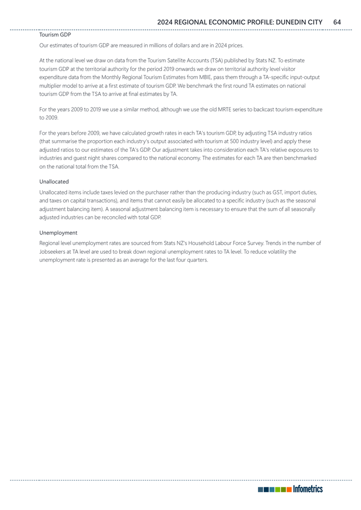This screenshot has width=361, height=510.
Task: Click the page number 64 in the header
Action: pos(337,22)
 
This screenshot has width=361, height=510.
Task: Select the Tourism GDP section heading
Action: pos(55,35)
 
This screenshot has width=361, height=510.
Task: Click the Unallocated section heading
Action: pos(54,182)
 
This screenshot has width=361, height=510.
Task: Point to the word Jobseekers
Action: pos(53,252)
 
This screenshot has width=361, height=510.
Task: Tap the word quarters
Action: pos(197,260)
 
